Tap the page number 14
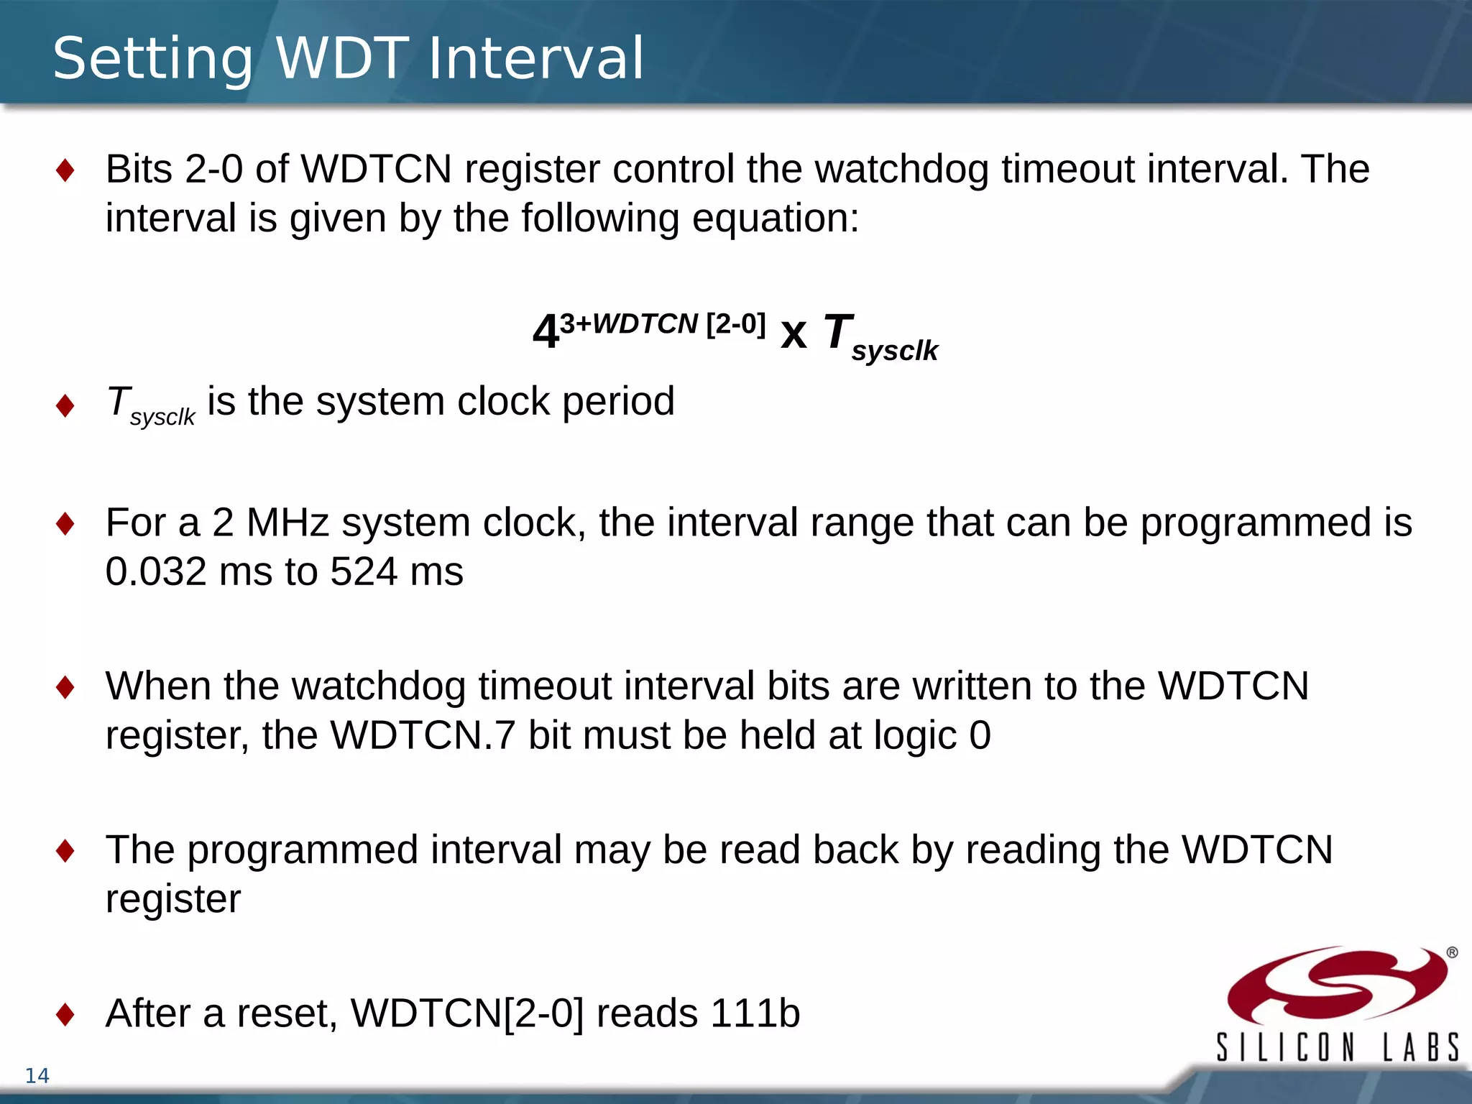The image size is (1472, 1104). [x=37, y=1075]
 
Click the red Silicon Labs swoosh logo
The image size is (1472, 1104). [x=1337, y=985]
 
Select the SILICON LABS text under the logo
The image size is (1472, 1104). [x=1337, y=1046]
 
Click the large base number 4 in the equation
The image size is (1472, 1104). [x=546, y=332]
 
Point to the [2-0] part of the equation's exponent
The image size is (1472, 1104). [x=735, y=324]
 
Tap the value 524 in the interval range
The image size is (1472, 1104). [x=364, y=572]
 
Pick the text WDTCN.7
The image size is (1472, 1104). [x=423, y=735]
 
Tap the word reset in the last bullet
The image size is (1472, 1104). [x=287, y=1013]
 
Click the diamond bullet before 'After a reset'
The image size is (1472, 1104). [x=65, y=1014]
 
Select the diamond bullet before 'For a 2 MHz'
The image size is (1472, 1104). [x=65, y=523]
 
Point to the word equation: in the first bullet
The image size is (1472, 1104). [x=775, y=218]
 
